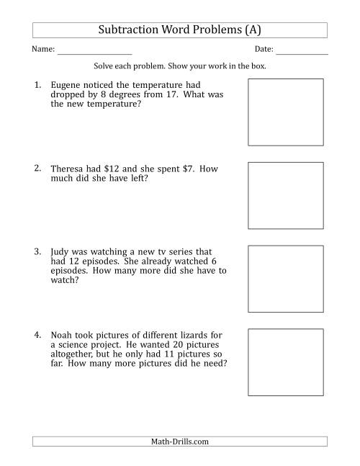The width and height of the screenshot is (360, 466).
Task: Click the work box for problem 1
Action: click(x=276, y=112)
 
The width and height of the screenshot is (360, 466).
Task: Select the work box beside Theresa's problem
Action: click(x=276, y=195)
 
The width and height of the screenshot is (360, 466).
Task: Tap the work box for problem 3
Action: click(x=276, y=279)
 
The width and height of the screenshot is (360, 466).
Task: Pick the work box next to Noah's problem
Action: click(x=276, y=362)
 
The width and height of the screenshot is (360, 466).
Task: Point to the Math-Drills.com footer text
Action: click(x=180, y=442)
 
